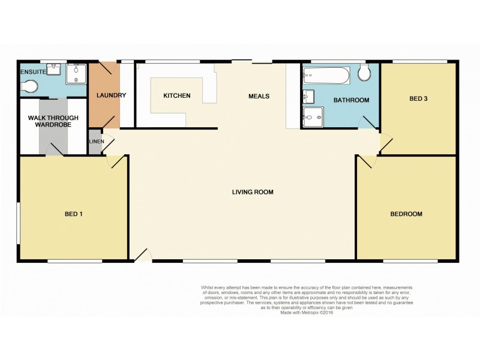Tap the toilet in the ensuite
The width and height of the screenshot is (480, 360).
[29, 87]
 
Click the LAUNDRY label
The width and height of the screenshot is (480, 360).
[110, 95]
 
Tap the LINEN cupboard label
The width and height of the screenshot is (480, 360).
[96, 142]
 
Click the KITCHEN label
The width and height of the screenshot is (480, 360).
[177, 95]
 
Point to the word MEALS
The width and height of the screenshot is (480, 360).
[259, 96]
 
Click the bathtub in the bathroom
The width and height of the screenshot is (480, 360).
[326, 76]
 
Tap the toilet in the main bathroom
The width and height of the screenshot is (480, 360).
[364, 74]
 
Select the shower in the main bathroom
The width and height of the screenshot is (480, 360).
[313, 118]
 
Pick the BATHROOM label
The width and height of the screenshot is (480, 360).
[351, 100]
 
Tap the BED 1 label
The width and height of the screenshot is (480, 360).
[74, 214]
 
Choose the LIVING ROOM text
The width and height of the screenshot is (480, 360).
[253, 192]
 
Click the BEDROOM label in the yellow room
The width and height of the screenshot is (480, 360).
[406, 214]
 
